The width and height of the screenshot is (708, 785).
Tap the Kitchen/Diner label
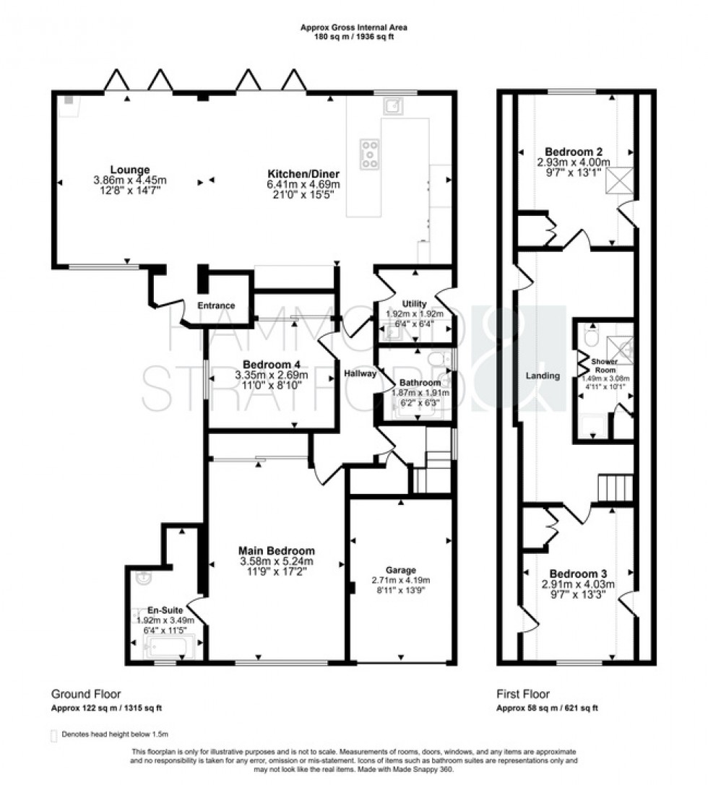pos(303,174)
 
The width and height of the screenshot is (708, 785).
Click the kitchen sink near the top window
pos(394,106)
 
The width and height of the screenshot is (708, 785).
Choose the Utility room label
pos(415,303)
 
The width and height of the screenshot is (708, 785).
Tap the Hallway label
pos(360,373)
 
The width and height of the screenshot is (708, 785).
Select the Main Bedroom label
pos(278,550)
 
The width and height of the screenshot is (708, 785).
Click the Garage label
pos(400,570)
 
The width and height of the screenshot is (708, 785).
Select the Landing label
pos(543,376)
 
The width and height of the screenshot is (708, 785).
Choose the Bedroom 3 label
pos(574,574)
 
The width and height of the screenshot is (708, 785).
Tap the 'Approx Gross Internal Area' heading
pos(353,27)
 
